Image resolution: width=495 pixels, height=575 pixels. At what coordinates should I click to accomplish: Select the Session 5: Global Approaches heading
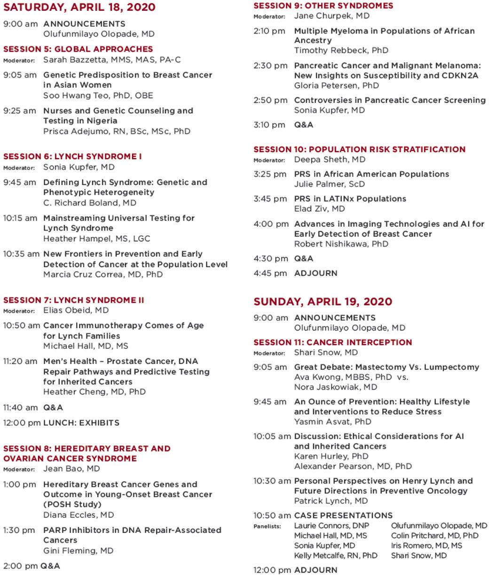pyautogui.click(x=78, y=49)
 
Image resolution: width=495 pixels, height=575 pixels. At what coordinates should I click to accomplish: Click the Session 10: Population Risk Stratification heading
pyautogui.click(x=360, y=149)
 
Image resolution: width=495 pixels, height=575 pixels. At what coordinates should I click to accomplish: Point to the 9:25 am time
pyautogui.click(x=19, y=111)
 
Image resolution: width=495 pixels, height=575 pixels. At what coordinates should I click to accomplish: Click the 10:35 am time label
pyautogui.click(x=21, y=254)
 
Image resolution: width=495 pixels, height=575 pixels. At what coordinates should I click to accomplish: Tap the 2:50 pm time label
pyautogui.click(x=270, y=100)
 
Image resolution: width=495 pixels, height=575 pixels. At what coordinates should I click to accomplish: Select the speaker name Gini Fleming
pyautogui.click(x=78, y=551)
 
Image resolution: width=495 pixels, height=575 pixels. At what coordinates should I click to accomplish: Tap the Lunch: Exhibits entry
pyautogui.click(x=81, y=422)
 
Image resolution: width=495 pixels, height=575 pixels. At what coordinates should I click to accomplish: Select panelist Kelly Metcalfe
pyautogui.click(x=336, y=555)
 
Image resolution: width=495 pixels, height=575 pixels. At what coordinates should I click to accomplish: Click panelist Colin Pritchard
pyautogui.click(x=435, y=536)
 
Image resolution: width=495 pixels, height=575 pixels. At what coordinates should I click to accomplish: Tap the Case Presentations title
pyautogui.click(x=343, y=515)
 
